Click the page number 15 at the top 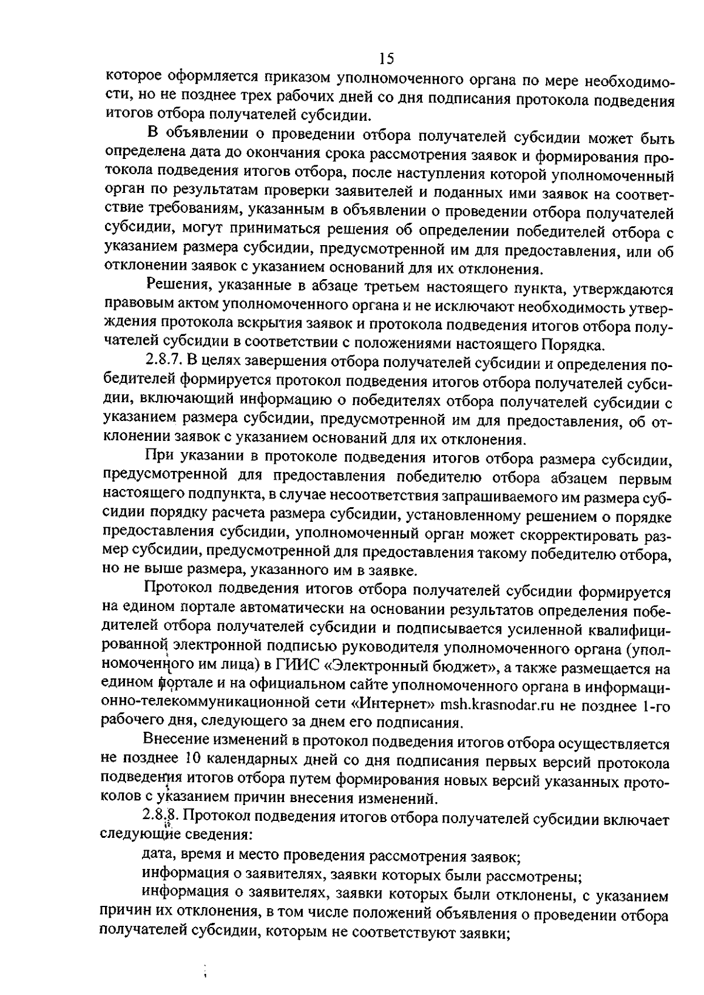click(x=386, y=58)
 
